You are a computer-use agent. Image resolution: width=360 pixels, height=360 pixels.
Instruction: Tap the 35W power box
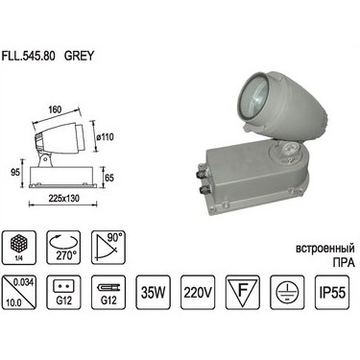[156, 292]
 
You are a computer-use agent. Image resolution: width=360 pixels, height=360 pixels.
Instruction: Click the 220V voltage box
[201, 292]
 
